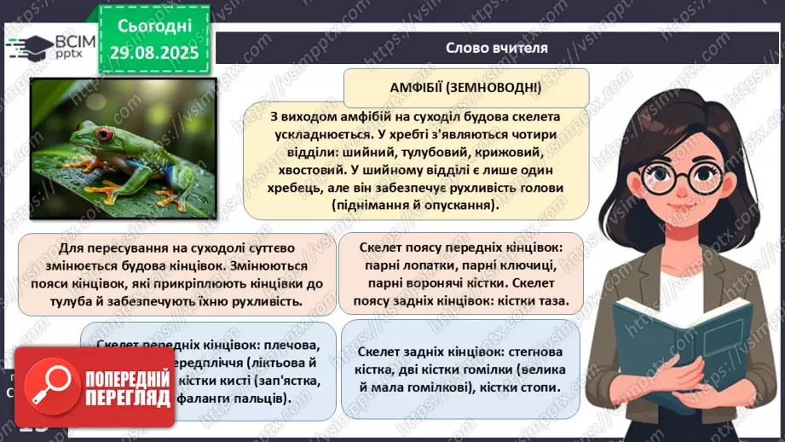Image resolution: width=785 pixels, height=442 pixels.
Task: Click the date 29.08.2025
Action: (153, 53)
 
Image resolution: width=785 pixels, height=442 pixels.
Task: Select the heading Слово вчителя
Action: (497, 48)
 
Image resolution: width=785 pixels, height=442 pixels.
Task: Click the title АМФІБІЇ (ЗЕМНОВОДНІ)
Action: (466, 88)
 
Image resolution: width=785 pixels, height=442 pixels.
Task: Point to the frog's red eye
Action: (104, 134)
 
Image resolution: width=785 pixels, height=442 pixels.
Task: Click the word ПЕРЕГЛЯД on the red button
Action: (122, 395)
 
